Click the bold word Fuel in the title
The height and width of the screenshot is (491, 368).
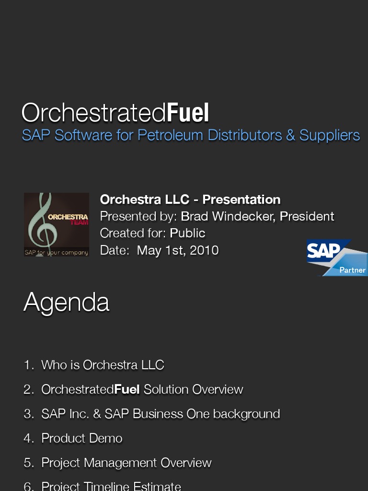click(x=188, y=112)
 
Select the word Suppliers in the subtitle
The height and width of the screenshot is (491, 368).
click(x=330, y=136)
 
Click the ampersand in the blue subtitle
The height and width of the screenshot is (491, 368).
click(x=290, y=135)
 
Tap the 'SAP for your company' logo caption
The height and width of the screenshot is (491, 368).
click(x=57, y=252)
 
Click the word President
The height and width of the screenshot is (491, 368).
click(x=307, y=216)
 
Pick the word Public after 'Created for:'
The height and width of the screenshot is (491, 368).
click(x=187, y=233)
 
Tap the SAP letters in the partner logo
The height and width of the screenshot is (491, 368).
click(x=323, y=250)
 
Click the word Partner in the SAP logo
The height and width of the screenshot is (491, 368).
click(x=352, y=270)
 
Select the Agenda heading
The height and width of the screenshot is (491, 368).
click(x=66, y=302)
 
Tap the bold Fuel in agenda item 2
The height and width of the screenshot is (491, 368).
click(x=127, y=389)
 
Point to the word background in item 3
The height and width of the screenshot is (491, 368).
click(x=247, y=414)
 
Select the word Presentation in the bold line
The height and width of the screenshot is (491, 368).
click(x=241, y=199)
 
